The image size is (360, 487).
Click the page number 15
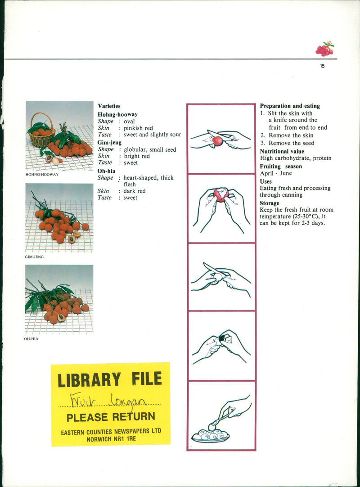(322, 66)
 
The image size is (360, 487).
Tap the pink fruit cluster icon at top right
(325, 49)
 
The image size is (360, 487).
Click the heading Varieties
(109, 106)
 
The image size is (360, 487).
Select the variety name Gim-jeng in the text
(109, 143)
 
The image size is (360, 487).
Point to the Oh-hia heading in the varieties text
(106, 171)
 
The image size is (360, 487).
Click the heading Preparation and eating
(290, 106)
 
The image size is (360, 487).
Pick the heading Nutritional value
(282, 151)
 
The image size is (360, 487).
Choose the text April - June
(276, 173)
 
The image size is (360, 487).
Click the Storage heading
(269, 203)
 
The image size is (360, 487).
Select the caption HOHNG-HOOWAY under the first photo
(42, 175)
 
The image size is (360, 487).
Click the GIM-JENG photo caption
(34, 257)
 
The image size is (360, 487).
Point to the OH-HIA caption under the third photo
(31, 339)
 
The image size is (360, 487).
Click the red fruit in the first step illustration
(218, 141)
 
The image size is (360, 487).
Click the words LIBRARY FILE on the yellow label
(110, 379)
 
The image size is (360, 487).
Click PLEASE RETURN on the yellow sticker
(111, 417)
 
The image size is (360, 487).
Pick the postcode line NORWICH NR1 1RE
(111, 439)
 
